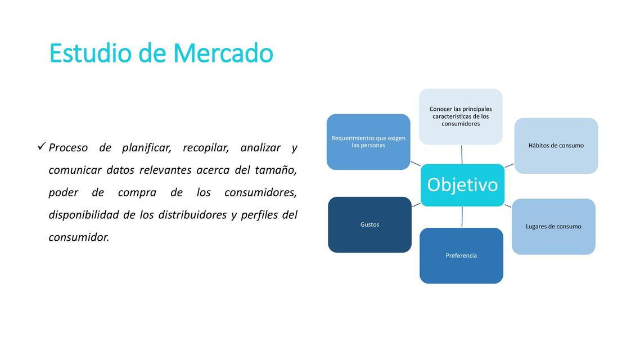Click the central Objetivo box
pyautogui.click(x=462, y=185)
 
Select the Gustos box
pyautogui.click(x=369, y=224)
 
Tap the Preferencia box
pyautogui.click(x=461, y=255)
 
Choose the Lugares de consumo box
pyautogui.click(x=553, y=227)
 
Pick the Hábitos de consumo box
pyautogui.click(x=556, y=146)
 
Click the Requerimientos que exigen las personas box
pyautogui.click(x=368, y=142)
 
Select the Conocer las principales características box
pyautogui.click(x=461, y=116)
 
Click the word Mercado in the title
pyautogui.click(x=223, y=53)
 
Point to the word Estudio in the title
pyautogui.click(x=91, y=53)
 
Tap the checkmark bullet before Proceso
pyautogui.click(x=41, y=147)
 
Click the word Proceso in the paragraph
pyautogui.click(x=68, y=148)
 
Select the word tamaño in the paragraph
pyautogui.click(x=276, y=170)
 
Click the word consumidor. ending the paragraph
pyautogui.click(x=79, y=237)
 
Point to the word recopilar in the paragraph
pyautogui.click(x=205, y=148)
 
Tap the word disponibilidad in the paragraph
pyautogui.click(x=84, y=215)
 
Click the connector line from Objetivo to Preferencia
pyautogui.click(x=462, y=217)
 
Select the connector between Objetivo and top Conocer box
pyautogui.click(x=462, y=154)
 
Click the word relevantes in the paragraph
pyautogui.click(x=165, y=170)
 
